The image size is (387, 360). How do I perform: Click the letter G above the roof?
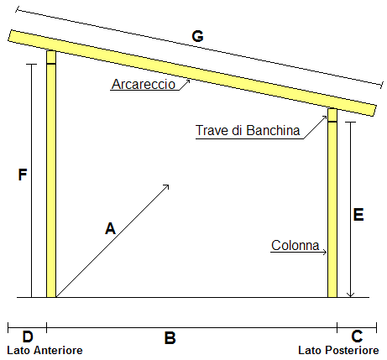197,36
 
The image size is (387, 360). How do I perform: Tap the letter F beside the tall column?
23,175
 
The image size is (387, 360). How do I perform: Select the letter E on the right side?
358,215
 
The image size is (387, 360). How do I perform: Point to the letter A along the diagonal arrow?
110,228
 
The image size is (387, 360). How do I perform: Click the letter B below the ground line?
170,338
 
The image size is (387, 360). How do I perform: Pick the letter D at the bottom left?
28,337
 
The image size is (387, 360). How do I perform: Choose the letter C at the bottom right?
357,337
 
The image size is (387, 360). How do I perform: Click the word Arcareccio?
144,84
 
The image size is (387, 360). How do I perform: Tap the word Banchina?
273,130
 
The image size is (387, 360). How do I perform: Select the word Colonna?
295,245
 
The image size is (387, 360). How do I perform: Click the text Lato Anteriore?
44,350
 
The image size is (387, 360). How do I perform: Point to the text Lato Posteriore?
338,350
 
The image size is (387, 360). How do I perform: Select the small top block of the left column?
51,57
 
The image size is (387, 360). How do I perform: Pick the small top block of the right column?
332,115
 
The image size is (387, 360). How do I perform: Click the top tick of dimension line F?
31,65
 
